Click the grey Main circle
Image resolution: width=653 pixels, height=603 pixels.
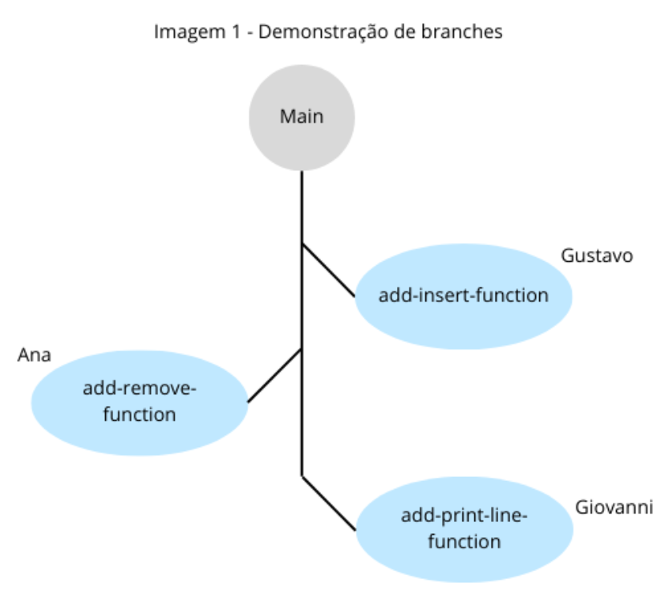tap(302, 116)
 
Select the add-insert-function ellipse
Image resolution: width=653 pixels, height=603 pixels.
tap(463, 295)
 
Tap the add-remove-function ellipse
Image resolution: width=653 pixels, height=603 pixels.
tap(140, 402)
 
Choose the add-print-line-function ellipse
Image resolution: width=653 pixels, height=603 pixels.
tap(464, 528)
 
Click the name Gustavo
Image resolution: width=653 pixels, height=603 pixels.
tap(598, 256)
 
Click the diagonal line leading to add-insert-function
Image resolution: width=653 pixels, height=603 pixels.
tap(328, 269)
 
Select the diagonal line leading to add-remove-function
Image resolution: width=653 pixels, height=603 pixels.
tap(274, 375)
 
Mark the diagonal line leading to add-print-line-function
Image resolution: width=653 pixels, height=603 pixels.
tap(328, 503)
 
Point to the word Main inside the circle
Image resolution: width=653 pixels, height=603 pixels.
tap(302, 116)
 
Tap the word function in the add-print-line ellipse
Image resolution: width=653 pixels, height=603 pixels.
tap(464, 541)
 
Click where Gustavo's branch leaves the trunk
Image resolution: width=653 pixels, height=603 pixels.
tap(302, 242)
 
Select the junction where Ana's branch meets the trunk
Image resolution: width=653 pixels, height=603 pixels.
tap(302, 349)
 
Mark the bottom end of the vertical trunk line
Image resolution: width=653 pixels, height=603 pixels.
tap(302, 475)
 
